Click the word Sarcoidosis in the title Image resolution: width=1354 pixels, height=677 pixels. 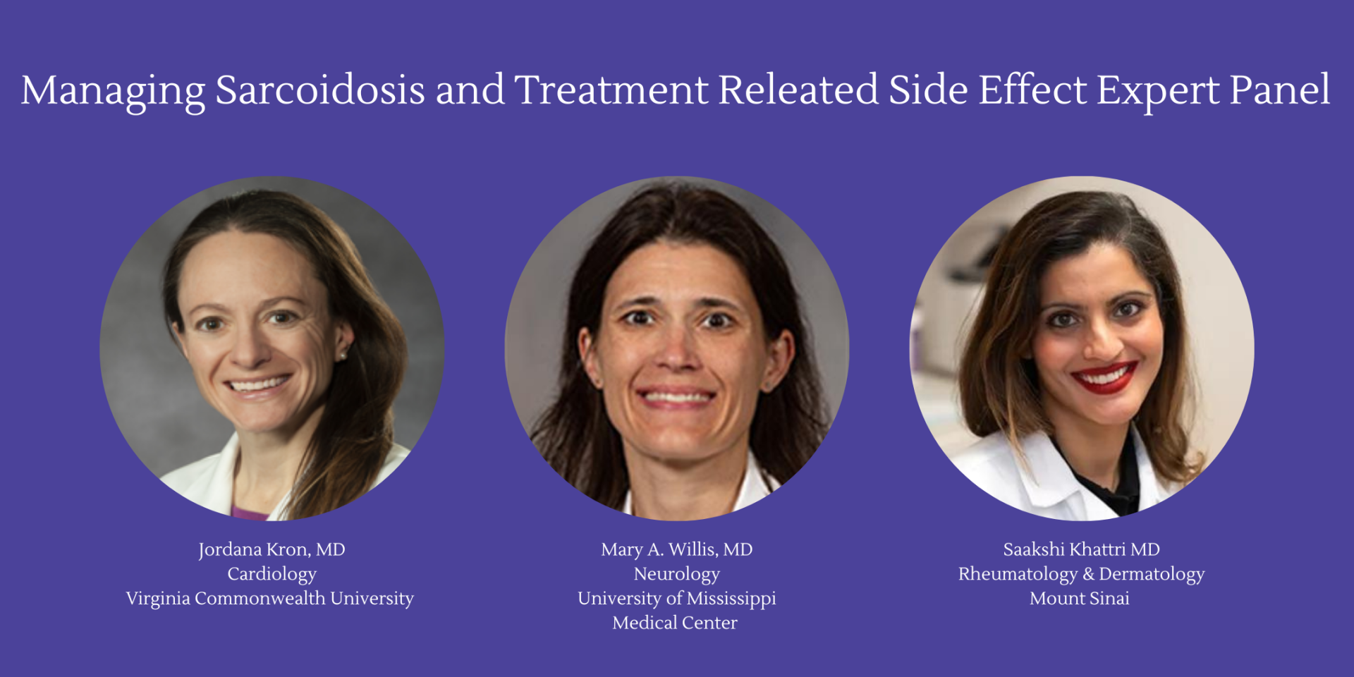[x=319, y=90]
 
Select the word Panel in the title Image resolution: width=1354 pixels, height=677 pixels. [x=1280, y=90]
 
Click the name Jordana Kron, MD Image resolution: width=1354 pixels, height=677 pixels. [x=272, y=549]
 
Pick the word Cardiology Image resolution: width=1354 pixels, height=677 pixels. [x=272, y=575]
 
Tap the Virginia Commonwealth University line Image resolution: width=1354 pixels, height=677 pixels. [x=269, y=599]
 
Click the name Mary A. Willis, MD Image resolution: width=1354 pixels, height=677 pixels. [x=676, y=549]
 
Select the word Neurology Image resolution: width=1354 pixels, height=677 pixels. [x=676, y=575]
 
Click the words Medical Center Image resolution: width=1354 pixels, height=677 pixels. [x=675, y=623]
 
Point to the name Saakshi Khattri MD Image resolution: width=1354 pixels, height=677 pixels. [x=1081, y=549]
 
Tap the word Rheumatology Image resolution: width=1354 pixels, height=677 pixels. [x=1018, y=575]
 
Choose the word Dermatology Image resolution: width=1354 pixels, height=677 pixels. [x=1152, y=575]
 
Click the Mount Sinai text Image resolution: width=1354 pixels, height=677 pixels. [x=1079, y=599]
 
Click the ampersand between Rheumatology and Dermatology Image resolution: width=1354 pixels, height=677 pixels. [x=1088, y=575]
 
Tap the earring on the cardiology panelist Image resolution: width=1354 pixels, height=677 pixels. [x=343, y=356]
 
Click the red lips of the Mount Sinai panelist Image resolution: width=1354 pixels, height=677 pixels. [x=1104, y=377]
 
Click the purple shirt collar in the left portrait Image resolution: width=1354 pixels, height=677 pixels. [x=249, y=513]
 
